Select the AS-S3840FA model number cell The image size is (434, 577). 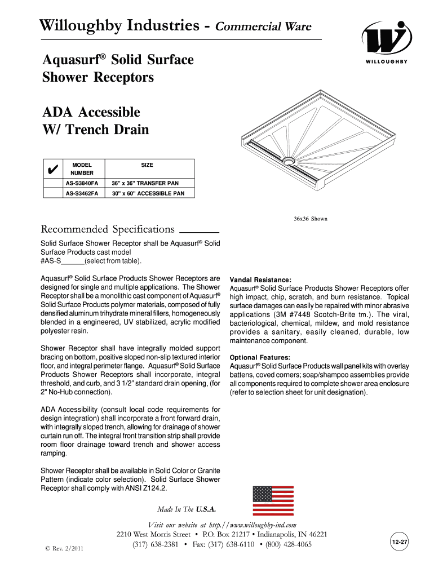pyautogui.click(x=82, y=184)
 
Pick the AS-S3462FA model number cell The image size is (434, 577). pyautogui.click(x=82, y=193)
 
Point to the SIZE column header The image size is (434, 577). pyautogui.click(x=147, y=165)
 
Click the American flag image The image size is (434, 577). pyautogui.click(x=273, y=500)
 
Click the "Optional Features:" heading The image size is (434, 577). pyautogui.click(x=260, y=357)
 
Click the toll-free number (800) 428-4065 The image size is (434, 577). pyautogui.click(x=287, y=544)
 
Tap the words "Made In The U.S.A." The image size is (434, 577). pyautogui.click(x=187, y=509)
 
